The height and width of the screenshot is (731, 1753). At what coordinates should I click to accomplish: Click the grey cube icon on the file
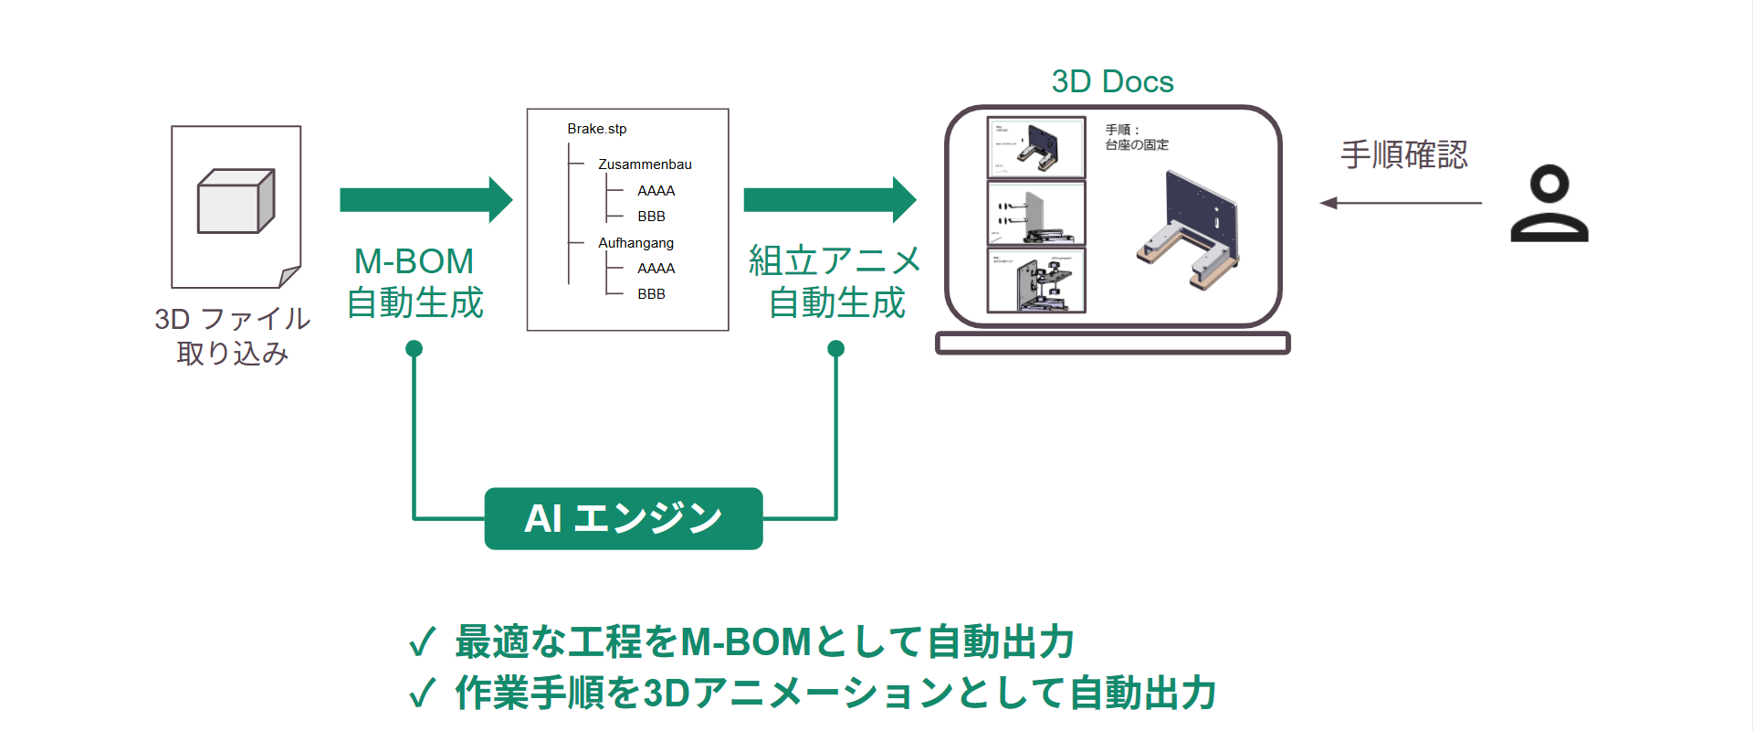[x=236, y=201]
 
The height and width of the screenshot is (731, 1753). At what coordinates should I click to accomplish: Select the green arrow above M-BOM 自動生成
[x=425, y=200]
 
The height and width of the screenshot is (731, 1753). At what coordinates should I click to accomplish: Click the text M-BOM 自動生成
[x=415, y=282]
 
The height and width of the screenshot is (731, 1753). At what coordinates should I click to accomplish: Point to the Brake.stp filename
[x=596, y=129]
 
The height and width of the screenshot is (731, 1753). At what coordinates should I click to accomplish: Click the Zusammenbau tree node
[x=645, y=164]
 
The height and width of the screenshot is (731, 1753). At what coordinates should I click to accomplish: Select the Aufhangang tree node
[x=635, y=243]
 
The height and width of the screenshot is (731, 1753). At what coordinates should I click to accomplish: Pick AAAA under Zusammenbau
[x=656, y=191]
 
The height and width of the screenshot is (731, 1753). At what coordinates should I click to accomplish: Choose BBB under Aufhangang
[x=651, y=294]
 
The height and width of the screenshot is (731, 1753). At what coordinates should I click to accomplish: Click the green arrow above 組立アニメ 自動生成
[x=829, y=200]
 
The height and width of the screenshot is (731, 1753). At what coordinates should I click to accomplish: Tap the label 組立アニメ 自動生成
[x=835, y=282]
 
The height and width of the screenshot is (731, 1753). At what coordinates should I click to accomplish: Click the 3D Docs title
[x=1112, y=82]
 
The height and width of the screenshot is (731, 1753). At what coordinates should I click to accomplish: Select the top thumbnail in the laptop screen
[x=1036, y=147]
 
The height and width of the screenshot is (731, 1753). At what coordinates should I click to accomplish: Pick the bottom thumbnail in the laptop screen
[x=1036, y=281]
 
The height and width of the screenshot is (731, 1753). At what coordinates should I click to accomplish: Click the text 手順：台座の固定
[x=1136, y=138]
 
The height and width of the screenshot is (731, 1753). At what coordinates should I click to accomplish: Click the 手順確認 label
[x=1403, y=154]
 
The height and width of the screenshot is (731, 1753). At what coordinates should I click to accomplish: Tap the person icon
[x=1549, y=204]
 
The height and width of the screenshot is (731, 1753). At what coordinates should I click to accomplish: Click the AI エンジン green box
[x=624, y=519]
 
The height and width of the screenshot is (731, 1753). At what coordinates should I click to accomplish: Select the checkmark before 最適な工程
[x=422, y=642]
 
